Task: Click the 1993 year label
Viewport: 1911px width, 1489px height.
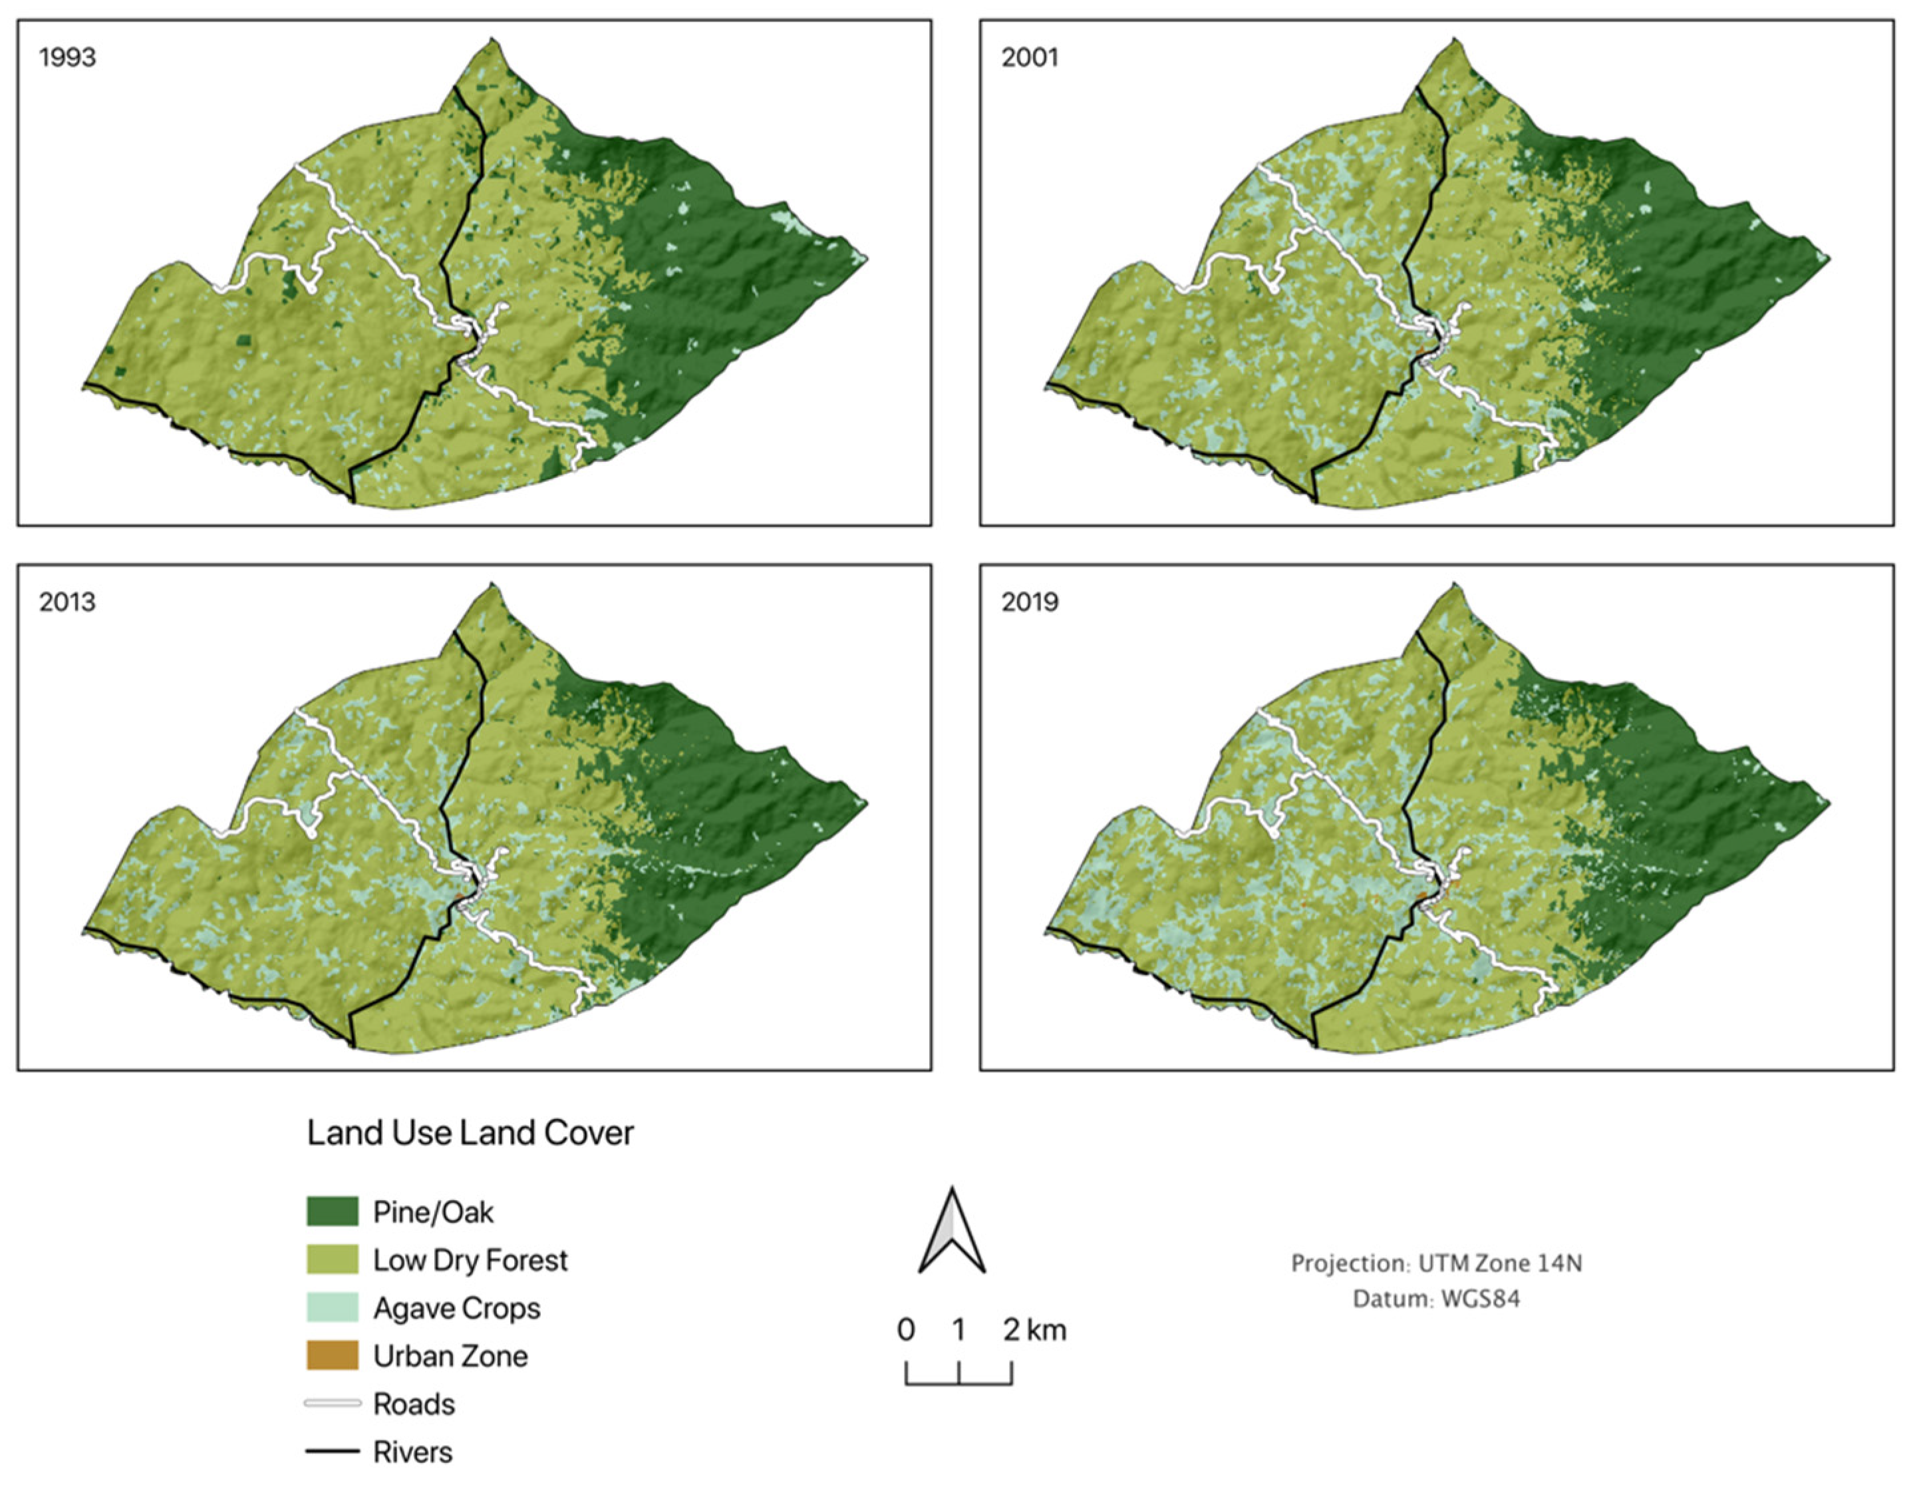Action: click(x=67, y=58)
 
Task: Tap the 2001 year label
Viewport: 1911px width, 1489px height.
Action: click(x=1030, y=58)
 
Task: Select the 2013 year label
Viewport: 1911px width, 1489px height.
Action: click(x=67, y=602)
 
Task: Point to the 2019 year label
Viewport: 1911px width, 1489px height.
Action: click(x=1030, y=602)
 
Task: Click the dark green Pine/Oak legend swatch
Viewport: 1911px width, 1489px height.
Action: click(x=332, y=1211)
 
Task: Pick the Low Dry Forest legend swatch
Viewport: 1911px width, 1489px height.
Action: click(x=332, y=1259)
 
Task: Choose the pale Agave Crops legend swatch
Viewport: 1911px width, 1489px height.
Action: click(x=332, y=1308)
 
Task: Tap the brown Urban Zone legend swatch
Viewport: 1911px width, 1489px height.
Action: click(x=332, y=1356)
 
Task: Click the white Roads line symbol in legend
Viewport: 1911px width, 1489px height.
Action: click(x=332, y=1403)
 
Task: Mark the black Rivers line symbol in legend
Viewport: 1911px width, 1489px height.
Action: click(x=332, y=1451)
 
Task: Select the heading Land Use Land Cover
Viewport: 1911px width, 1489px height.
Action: click(x=470, y=1133)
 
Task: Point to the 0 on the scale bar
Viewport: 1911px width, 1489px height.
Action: click(x=906, y=1330)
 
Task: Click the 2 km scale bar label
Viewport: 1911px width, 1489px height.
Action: click(x=1034, y=1330)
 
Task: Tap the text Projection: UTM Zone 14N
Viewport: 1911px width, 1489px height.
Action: click(x=1436, y=1263)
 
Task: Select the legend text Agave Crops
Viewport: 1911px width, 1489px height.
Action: click(x=457, y=1309)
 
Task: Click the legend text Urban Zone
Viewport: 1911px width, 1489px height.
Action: click(x=450, y=1356)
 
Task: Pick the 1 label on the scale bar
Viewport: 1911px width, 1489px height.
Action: click(x=959, y=1330)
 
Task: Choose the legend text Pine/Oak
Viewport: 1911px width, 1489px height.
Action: click(x=433, y=1212)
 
